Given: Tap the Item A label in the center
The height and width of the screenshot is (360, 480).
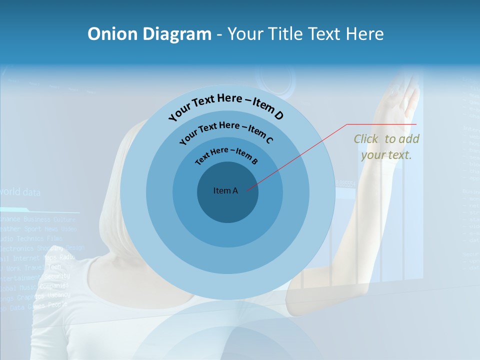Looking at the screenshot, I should coord(225,190).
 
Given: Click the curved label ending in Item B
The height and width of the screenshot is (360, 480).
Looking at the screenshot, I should coord(226,154).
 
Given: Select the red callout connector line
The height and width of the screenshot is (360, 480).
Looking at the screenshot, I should coord(300,155).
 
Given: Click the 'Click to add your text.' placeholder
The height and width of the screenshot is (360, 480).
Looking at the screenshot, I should coord(386,147).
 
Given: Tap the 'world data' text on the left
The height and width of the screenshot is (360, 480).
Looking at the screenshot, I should coord(20,192).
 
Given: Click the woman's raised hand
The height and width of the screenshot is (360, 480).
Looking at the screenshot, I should coord(407,97).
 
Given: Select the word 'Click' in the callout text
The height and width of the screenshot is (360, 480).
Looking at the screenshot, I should coord(366,139).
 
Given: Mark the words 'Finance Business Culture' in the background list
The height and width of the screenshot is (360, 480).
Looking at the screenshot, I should coord(38,219).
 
